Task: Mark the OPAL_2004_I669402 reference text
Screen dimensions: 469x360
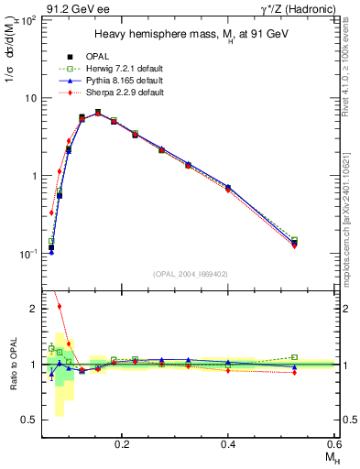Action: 191,273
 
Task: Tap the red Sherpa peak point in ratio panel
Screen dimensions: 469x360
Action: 60,306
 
